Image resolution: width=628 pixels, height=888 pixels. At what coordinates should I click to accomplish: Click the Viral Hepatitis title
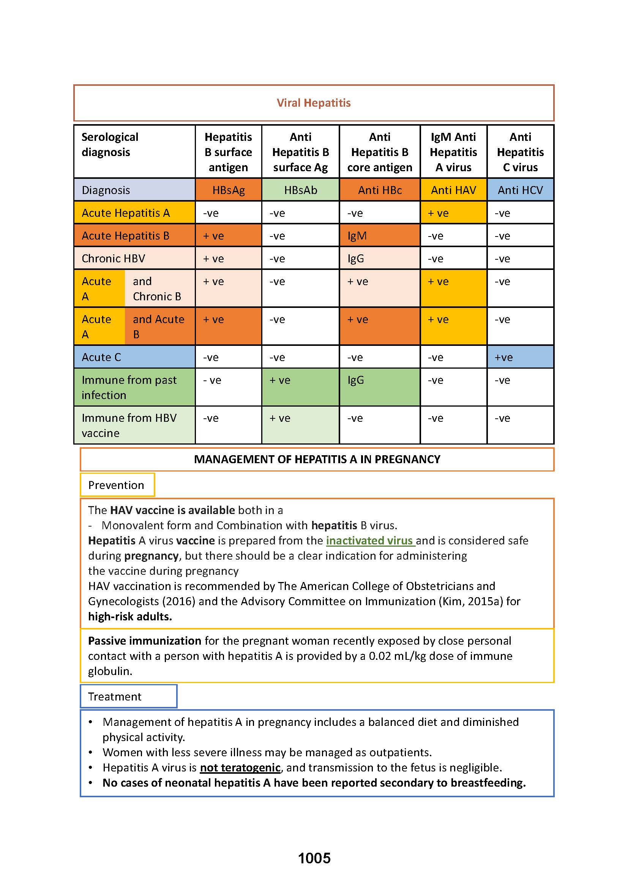pos(313,103)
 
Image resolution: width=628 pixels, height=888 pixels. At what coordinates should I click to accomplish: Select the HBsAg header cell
pos(228,190)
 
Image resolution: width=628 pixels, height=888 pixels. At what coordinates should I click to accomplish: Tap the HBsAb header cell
pos(300,190)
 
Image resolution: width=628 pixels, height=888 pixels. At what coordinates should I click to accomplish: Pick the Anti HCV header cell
pos(520,190)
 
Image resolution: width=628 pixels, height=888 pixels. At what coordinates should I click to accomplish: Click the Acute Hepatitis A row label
pos(126,213)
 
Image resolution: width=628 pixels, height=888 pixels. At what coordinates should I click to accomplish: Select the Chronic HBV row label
pos(113,259)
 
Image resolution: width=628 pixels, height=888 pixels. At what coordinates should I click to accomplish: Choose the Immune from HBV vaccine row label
pos(129,425)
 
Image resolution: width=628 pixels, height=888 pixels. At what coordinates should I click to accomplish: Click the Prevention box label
pos(116,485)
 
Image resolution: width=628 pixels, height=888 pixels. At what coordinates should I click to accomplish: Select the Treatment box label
pos(115,697)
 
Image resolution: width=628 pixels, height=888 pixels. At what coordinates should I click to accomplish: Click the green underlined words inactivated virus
pos(370,540)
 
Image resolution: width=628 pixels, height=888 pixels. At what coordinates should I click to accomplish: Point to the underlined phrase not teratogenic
pos(240,767)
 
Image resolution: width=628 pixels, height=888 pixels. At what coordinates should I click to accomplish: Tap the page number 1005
pos(314,858)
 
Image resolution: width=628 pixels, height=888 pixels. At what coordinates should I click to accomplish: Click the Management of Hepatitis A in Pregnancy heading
pos(317,459)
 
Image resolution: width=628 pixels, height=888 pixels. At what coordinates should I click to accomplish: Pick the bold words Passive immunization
pos(145,641)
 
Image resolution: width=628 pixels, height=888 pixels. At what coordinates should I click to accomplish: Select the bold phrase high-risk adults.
pos(130,616)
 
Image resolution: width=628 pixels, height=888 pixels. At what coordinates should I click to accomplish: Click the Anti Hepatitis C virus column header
pos(520,152)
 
